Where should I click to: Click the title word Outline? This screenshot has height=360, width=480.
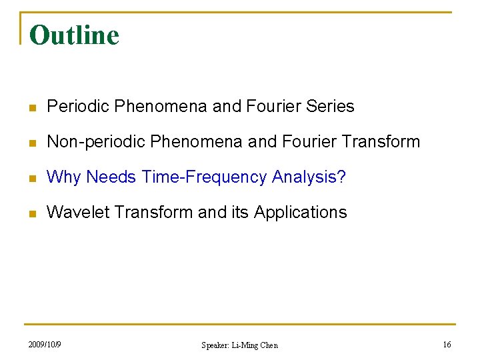tap(74, 35)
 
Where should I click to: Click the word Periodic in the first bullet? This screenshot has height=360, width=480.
tap(78, 106)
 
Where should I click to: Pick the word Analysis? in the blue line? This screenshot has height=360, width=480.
tap(309, 177)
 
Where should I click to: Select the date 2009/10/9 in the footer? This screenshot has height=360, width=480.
tap(45, 344)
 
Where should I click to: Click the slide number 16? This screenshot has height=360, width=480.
tap(447, 344)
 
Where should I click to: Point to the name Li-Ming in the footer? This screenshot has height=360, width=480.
tap(246, 345)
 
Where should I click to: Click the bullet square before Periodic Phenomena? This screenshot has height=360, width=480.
tap(32, 107)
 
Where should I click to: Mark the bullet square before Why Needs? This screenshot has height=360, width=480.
tap(32, 177)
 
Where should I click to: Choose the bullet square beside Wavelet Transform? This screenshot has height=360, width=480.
tap(32, 213)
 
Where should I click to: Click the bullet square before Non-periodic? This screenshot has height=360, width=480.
tap(32, 142)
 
